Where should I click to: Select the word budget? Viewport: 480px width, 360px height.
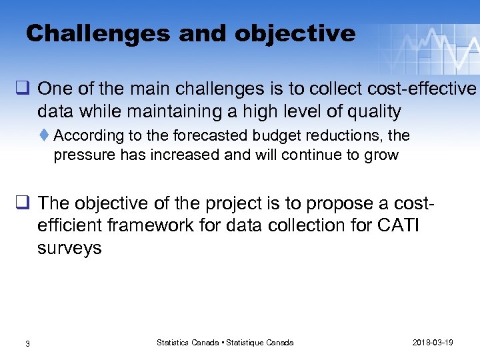(279, 136)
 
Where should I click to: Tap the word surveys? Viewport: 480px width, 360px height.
(69, 249)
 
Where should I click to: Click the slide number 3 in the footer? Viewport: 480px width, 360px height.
(27, 343)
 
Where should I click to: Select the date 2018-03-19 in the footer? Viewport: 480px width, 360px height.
(433, 343)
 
